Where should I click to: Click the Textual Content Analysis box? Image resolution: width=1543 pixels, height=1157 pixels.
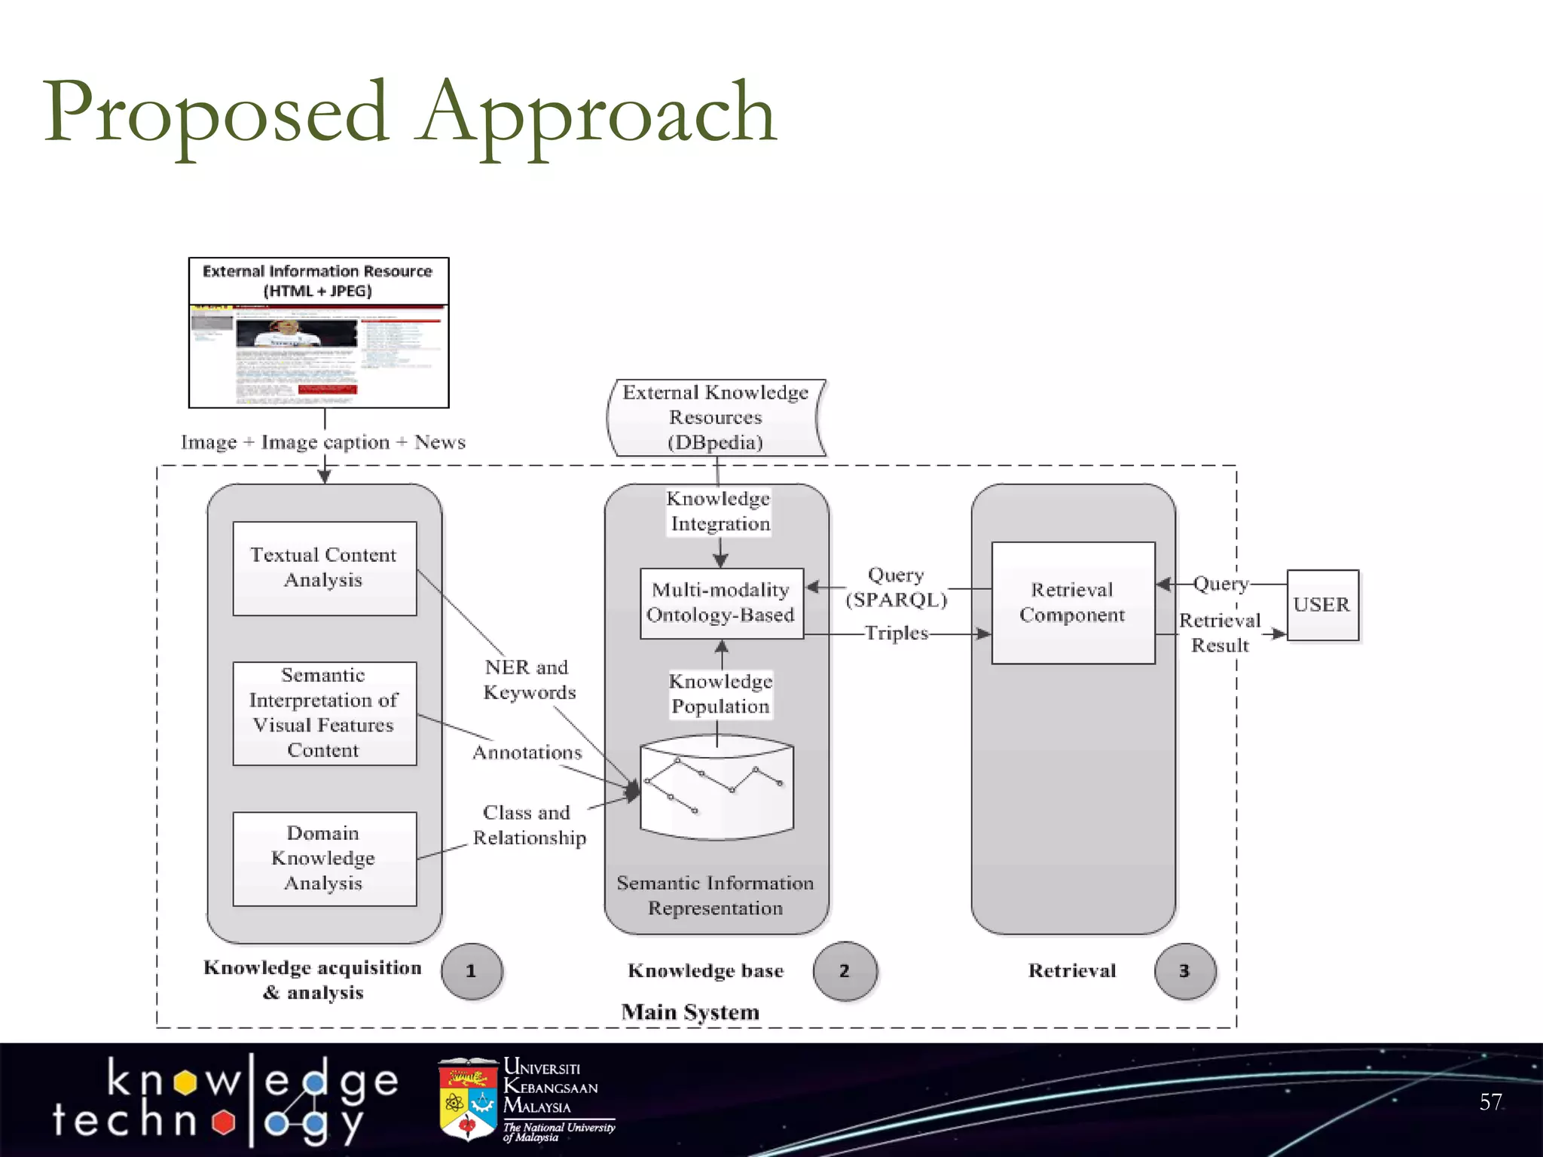324,568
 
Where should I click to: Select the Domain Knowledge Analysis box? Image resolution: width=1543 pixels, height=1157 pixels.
324,858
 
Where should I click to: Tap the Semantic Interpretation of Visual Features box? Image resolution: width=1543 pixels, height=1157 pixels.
324,713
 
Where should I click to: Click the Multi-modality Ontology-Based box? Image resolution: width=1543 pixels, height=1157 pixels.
721,603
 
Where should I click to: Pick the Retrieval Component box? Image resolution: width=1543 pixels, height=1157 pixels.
1072,602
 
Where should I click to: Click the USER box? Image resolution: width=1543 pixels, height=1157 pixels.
1322,605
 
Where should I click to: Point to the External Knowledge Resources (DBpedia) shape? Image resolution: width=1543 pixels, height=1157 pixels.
716,417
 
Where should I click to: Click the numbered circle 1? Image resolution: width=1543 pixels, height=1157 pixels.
472,971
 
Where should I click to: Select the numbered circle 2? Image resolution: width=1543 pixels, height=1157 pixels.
845,971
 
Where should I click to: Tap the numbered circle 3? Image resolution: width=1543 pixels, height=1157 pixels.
1184,971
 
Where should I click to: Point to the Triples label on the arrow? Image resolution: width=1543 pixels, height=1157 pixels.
896,633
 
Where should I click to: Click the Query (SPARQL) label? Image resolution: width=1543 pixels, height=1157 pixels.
896,588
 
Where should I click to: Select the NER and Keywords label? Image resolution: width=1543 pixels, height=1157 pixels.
529,679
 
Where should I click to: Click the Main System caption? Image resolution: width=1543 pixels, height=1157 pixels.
690,1012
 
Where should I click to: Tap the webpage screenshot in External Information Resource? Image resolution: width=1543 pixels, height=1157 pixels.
319,356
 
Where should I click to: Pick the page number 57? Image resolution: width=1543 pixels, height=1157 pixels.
1490,1102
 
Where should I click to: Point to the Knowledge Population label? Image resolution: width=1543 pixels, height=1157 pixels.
721,694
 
